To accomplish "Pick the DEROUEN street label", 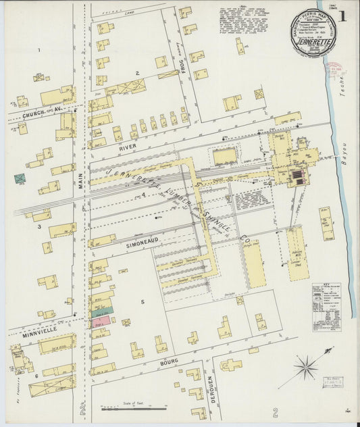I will [x=211, y=391].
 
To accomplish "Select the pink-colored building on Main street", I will [x=101, y=321].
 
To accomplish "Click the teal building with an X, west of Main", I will [x=20, y=179].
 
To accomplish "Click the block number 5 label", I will [x=143, y=302].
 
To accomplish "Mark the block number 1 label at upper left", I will [x=39, y=50].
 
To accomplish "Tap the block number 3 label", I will [x=39, y=227].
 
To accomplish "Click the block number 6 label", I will [x=36, y=376].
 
